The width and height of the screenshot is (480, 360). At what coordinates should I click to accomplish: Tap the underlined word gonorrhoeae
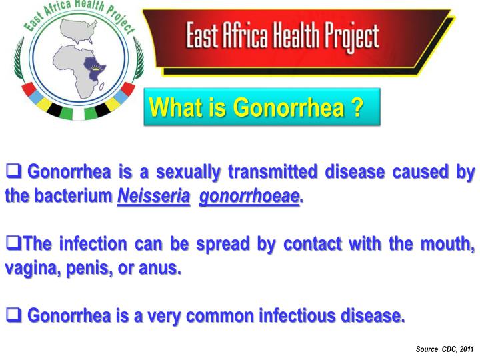249,197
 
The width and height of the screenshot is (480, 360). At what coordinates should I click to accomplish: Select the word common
219,314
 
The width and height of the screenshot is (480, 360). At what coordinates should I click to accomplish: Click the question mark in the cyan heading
359,106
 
